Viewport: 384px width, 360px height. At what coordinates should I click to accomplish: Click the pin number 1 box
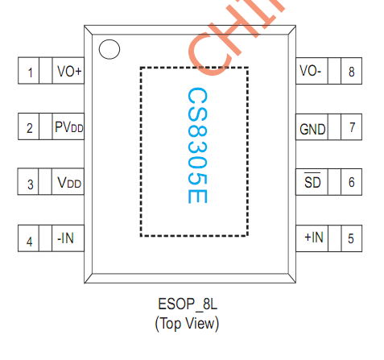pos(30,72)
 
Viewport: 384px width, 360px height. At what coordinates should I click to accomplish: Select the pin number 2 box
pos(30,127)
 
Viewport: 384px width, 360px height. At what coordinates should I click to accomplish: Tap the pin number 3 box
pos(30,184)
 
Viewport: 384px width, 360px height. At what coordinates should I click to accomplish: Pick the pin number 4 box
pos(30,239)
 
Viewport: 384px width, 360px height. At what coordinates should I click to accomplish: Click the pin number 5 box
pos(350,238)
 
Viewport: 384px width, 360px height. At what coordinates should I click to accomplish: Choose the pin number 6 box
pos(350,183)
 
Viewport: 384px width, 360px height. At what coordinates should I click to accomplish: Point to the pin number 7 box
pos(350,127)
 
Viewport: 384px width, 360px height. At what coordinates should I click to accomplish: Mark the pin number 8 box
pos(350,72)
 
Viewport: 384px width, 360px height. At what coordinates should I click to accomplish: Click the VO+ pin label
pos(69,72)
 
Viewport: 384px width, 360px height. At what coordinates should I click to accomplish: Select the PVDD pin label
pos(69,127)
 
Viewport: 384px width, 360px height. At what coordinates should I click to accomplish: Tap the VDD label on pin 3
pos(69,184)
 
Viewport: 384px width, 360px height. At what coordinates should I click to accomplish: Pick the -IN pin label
pos(67,239)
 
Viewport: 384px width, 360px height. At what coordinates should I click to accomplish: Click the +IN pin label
pos(313,238)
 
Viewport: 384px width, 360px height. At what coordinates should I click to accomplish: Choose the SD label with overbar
pos(312,183)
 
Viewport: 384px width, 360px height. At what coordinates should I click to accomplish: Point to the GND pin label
pos(312,128)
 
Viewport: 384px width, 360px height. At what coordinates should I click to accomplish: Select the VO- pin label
pos(311,72)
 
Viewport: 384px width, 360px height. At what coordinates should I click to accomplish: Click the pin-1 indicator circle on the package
pos(107,49)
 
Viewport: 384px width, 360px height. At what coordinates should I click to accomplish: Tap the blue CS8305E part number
pos(195,147)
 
